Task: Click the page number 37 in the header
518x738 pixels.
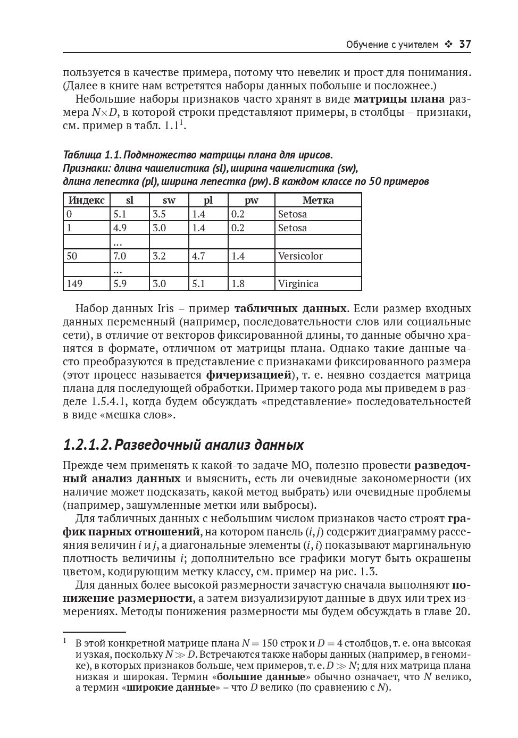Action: click(465, 45)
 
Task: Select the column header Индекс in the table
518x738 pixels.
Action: click(87, 200)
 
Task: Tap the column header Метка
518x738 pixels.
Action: click(318, 200)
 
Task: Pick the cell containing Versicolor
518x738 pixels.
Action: click(300, 256)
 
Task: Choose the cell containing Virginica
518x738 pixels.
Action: click(298, 284)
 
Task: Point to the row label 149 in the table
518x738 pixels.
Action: click(74, 284)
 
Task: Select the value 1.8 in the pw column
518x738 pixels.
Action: click(238, 284)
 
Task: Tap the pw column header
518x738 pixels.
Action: click(251, 200)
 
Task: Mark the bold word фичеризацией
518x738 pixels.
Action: click(249, 375)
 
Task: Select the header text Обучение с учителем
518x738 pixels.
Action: click(392, 45)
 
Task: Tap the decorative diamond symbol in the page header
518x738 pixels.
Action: click(448, 45)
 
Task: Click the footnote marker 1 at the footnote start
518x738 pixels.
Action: click(64, 641)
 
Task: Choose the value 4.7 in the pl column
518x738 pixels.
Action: click(198, 256)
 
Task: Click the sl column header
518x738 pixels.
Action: click(129, 200)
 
